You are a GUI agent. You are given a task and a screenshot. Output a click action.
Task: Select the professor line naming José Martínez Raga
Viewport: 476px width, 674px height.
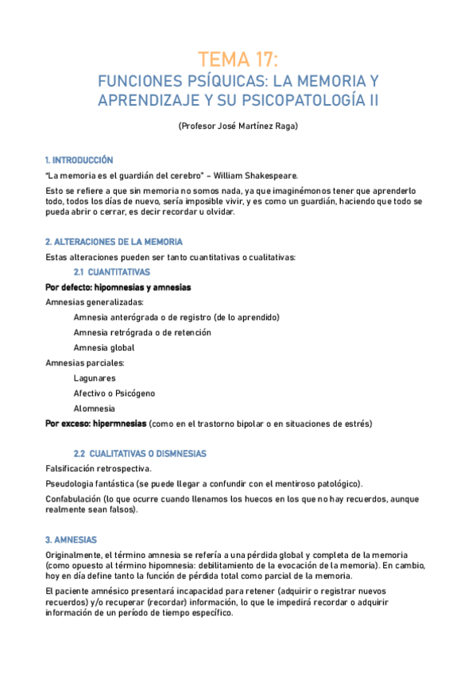click(x=238, y=126)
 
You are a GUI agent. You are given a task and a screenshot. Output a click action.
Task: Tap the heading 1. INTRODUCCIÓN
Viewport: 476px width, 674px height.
click(x=79, y=160)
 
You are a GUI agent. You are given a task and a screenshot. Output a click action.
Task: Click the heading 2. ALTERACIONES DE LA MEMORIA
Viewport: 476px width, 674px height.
click(x=114, y=242)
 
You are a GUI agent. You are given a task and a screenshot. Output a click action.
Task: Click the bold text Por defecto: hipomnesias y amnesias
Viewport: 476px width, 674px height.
click(x=118, y=287)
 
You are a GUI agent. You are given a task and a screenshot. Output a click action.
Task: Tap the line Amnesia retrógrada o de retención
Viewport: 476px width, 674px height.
click(x=142, y=332)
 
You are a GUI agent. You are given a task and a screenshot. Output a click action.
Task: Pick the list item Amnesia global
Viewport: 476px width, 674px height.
click(x=104, y=347)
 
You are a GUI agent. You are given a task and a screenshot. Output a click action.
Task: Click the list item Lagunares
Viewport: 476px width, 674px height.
click(x=95, y=378)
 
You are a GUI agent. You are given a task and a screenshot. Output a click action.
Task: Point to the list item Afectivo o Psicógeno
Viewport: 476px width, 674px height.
click(x=114, y=393)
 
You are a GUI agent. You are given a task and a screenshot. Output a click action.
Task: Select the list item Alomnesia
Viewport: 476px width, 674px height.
click(x=95, y=409)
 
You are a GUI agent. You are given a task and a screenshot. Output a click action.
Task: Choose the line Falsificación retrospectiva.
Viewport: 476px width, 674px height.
click(x=99, y=469)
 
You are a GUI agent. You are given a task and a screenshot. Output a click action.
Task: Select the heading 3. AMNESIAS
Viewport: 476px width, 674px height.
click(x=72, y=540)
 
